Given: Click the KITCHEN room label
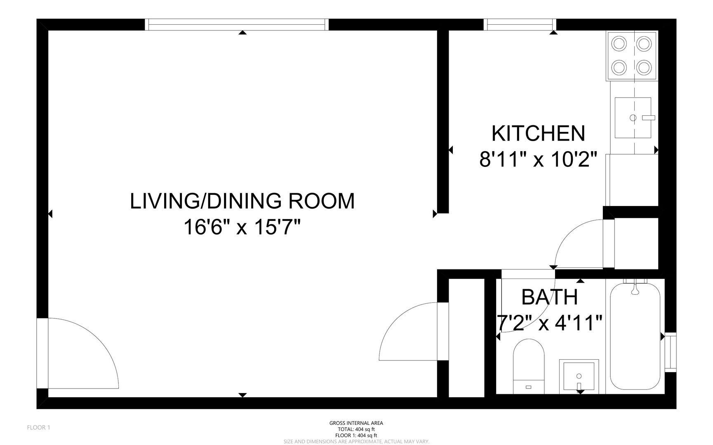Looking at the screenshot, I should [538, 133].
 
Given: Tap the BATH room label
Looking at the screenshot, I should [549, 297].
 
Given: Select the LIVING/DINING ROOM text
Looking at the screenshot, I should [242, 201].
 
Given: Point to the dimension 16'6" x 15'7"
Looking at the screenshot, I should [242, 227].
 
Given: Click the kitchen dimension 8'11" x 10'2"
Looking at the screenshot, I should [538, 159].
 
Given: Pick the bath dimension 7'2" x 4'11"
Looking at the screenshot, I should [549, 323].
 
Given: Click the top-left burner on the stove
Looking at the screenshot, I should [619, 43].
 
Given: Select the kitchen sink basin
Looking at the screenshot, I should [633, 118].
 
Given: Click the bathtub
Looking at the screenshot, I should [635, 336].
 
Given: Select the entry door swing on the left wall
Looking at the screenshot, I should [78, 354].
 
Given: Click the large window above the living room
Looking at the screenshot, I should [238, 24].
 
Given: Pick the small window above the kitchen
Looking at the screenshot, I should [520, 24].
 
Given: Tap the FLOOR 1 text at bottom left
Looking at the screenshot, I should [38, 427].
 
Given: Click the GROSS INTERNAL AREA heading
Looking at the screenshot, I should [356, 423].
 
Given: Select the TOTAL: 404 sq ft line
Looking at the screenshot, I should [356, 429].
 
